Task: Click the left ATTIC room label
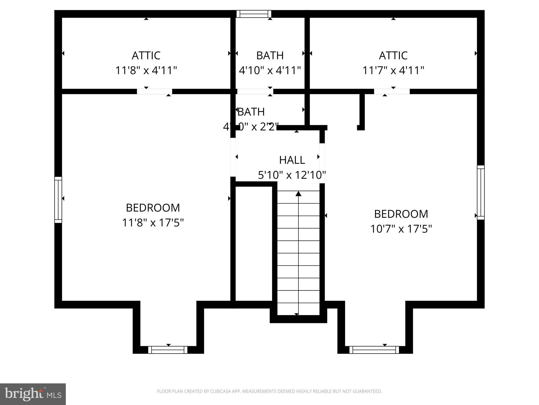[x=146, y=56]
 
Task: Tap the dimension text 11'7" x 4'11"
[x=393, y=71]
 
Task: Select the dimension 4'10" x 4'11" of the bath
[x=270, y=71]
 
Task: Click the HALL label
[x=292, y=160]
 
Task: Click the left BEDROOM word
[x=153, y=208]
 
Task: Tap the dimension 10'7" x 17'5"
[x=401, y=229]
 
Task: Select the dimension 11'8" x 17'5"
[x=153, y=223]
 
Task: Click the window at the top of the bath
[x=254, y=14]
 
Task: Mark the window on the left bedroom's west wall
[x=58, y=200]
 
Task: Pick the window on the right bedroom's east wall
[x=481, y=192]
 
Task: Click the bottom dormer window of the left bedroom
[x=168, y=350]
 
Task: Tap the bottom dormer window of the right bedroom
[x=374, y=350]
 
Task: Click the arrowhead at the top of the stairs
[x=298, y=194]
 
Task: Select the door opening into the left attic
[x=154, y=91]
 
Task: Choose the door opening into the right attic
[x=392, y=91]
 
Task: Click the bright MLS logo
[x=33, y=394]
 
